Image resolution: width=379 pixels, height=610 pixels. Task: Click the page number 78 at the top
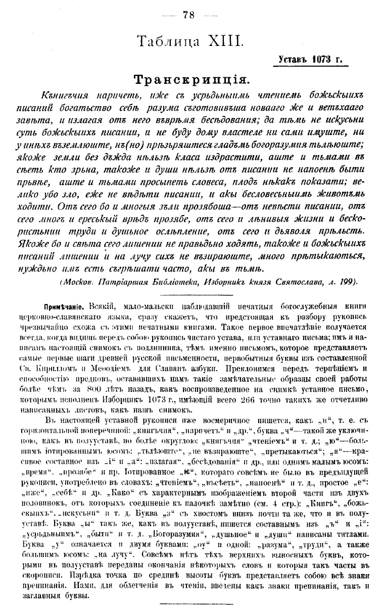point(189,14)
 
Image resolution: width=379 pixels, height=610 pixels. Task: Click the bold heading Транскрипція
point(189,80)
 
